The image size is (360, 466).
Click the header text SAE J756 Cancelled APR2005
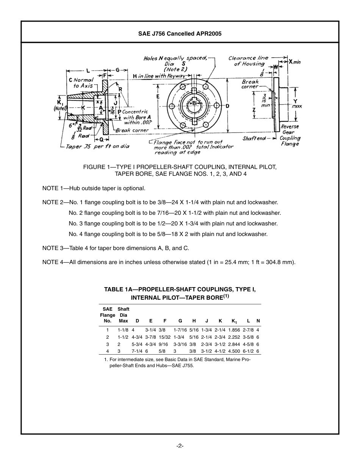coord(180,34)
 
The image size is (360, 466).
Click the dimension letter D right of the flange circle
coord(228,106)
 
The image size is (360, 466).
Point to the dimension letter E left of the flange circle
coord(158,97)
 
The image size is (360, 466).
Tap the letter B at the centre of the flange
coord(194,103)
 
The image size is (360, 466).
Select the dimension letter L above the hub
coord(88,70)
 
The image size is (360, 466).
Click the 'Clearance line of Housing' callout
coord(248,61)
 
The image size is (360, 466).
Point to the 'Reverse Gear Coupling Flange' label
coord(290,135)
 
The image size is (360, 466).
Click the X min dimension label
coord(294,62)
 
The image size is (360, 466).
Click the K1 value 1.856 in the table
coord(234,330)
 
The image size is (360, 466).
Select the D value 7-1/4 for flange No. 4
coord(137,351)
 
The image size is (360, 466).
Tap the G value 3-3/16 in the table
coord(180,344)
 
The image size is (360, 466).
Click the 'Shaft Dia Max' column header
coord(124,315)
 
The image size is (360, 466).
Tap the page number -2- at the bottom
coord(180,446)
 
